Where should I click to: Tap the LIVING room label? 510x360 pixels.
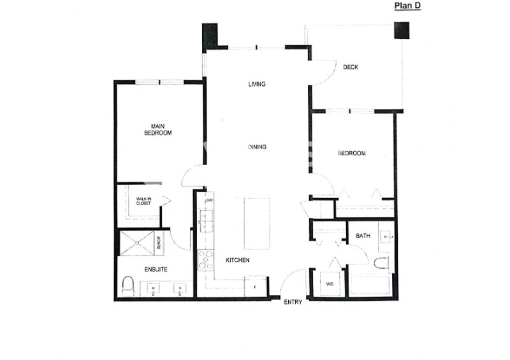pos(257,85)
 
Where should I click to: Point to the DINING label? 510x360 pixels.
pos(257,147)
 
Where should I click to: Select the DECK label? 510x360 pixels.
pos(350,68)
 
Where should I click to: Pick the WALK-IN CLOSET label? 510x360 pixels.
pos(145,202)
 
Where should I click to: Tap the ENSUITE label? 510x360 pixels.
pos(156,270)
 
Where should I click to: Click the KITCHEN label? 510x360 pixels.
pos(237,261)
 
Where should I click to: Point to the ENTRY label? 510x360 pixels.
pos(293,302)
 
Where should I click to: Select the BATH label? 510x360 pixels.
pos(363,236)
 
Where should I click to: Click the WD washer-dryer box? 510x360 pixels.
pos(330,283)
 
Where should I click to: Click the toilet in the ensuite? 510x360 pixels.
pos(126,287)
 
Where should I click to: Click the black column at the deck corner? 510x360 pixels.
pos(402,31)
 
